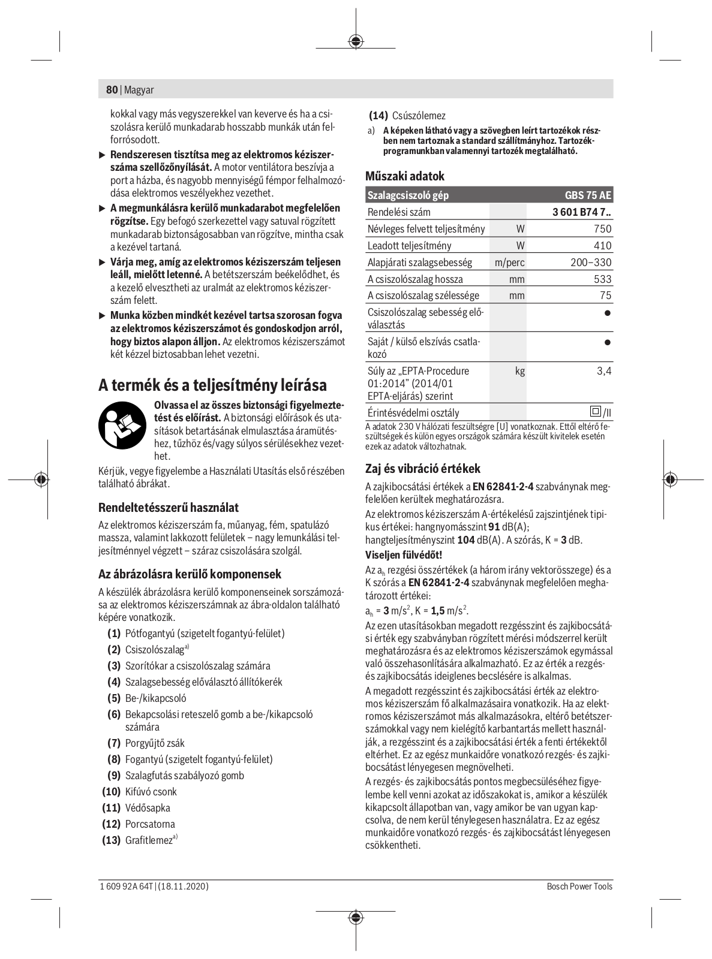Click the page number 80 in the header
tap(112, 90)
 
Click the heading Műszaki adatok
tap(405, 176)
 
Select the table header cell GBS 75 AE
tap(588, 195)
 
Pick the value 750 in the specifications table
tap(602, 229)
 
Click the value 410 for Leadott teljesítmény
tap(602, 246)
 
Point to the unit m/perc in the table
tap(509, 263)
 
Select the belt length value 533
tap(602, 279)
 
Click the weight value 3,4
tap(604, 371)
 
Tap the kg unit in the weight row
tap(519, 371)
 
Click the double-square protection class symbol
tap(595, 412)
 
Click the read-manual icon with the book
tap(122, 426)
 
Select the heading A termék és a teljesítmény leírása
tap(212, 385)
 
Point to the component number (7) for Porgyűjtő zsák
tap(114, 743)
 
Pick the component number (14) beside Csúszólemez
tap(378, 116)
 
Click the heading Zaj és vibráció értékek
tap(423, 469)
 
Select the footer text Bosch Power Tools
tap(579, 886)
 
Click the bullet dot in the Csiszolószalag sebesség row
tap(608, 313)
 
